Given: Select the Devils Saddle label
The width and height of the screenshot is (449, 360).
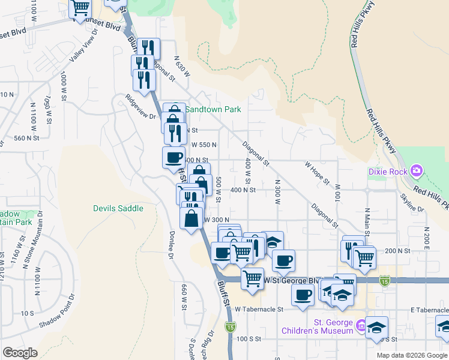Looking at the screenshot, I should click(118, 208).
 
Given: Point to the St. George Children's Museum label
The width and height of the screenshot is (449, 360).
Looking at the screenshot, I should click(318, 326).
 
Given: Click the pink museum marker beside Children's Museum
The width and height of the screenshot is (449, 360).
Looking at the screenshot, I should click(361, 326).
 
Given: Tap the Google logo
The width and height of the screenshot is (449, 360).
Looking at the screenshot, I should click(20, 353).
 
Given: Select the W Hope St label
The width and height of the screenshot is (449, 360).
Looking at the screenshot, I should click(317, 172).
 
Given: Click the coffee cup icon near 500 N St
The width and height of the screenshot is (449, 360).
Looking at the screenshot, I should click(173, 157).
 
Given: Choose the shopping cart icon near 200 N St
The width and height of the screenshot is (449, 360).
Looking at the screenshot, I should click(364, 257).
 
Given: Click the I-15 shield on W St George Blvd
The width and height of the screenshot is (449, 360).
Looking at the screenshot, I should click(384, 280).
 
